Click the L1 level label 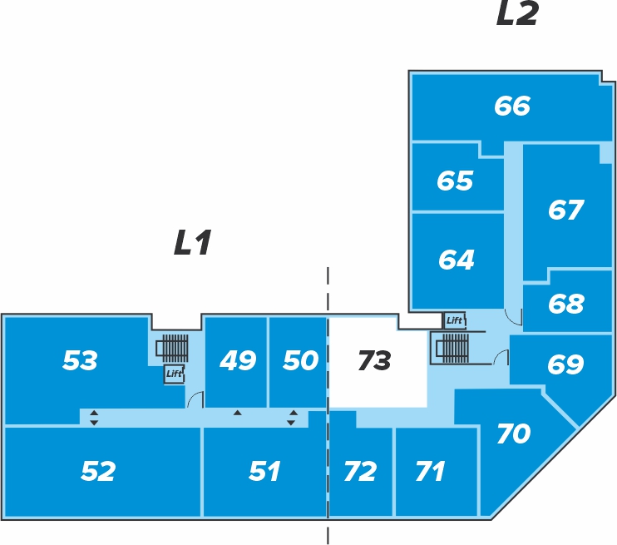pos(193,242)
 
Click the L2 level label pos(517,14)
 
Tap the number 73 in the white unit pos(374,360)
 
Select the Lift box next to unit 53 pos(174,374)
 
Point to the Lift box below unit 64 pos(455,320)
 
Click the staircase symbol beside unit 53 pos(172,349)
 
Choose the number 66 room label pos(512,106)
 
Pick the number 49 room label pos(238,360)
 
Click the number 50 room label pos(301,360)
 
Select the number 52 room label pos(98,471)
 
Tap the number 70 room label pos(514,434)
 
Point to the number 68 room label pos(565,303)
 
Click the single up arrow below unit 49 pos(237,413)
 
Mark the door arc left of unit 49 pos(195,399)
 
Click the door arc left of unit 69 pos(501,357)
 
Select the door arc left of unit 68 pos(513,317)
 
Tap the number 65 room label pos(455,181)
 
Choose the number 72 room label pos(360,471)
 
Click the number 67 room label pos(565,209)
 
